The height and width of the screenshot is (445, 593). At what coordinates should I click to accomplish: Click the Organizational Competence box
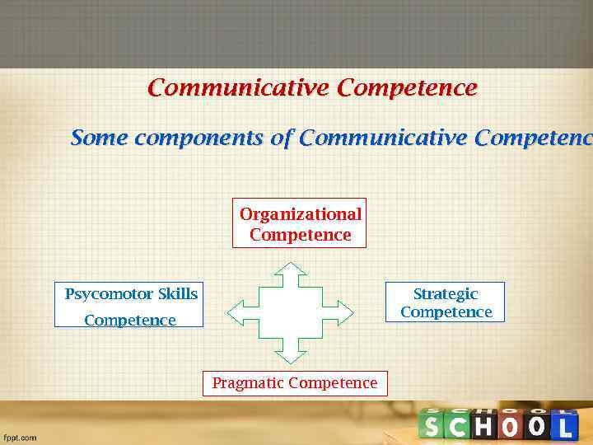click(x=300, y=224)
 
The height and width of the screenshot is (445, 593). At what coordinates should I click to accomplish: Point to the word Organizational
click(x=300, y=214)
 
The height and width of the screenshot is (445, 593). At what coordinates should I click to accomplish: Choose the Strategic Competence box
click(x=446, y=302)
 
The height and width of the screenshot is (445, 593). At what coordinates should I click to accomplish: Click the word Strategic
click(x=446, y=294)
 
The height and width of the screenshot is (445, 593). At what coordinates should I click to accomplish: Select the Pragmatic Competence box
click(x=295, y=383)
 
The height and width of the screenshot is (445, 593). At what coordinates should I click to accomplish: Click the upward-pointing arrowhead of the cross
click(x=290, y=269)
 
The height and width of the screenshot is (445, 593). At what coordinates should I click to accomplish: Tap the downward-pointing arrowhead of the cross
click(x=290, y=356)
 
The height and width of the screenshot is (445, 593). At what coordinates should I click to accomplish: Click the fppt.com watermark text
click(x=21, y=438)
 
